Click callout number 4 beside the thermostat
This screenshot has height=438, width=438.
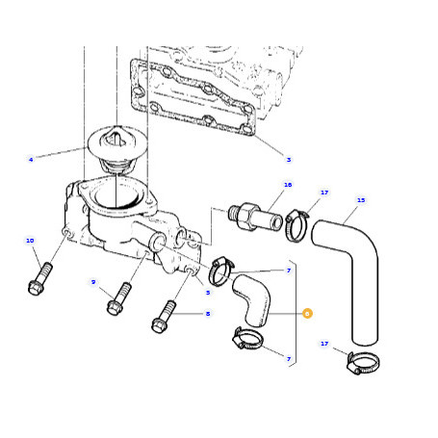pyautogui.click(x=31, y=160)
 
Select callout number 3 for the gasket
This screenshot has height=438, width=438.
pyautogui.click(x=289, y=160)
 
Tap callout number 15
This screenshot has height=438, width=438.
pyautogui.click(x=361, y=200)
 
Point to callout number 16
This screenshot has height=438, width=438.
pyautogui.click(x=288, y=185)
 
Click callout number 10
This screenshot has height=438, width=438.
pyautogui.click(x=30, y=241)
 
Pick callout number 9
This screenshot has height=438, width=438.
pyautogui.click(x=93, y=282)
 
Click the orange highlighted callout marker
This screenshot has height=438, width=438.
pyautogui.click(x=307, y=314)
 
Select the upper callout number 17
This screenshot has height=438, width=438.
pyautogui.click(x=324, y=193)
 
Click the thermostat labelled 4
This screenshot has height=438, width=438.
pyautogui.click(x=116, y=151)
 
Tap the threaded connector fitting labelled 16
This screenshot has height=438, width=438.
pyautogui.click(x=256, y=217)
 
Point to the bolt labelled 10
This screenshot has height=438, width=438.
pyautogui.click(x=39, y=278)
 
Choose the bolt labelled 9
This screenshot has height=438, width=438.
pyautogui.click(x=118, y=298)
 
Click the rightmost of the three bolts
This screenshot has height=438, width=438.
pyautogui.click(x=164, y=317)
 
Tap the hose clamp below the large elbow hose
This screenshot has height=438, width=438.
pyautogui.click(x=363, y=363)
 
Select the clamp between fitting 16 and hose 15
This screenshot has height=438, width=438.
pyautogui.click(x=296, y=224)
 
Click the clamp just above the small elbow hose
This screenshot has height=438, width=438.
pyautogui.click(x=221, y=271)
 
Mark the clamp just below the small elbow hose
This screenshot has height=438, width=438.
pyautogui.click(x=247, y=340)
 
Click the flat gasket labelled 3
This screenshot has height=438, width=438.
pyautogui.click(x=193, y=97)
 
